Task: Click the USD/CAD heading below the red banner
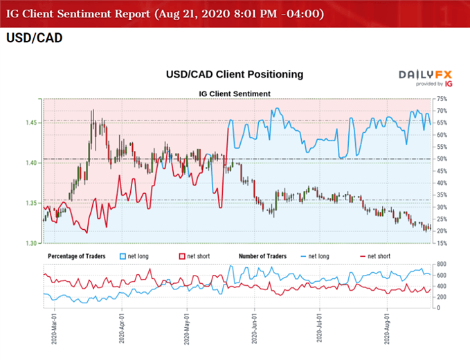coord(34,38)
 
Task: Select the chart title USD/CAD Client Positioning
coord(235,73)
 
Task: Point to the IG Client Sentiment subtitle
coord(235,93)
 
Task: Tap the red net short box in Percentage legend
coord(183,256)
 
